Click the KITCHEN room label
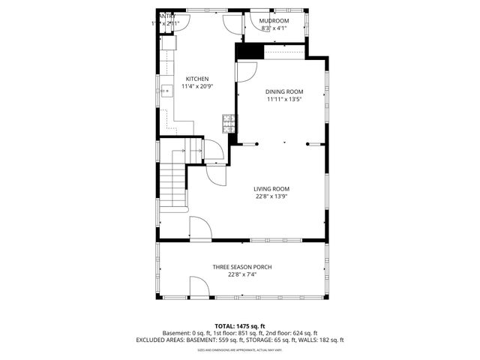click(197, 79)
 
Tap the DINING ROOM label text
click(284, 91)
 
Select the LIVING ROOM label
click(271, 189)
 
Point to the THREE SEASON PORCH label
click(241, 267)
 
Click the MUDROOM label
click(274, 21)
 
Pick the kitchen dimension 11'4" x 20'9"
click(197, 87)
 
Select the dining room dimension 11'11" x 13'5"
click(284, 100)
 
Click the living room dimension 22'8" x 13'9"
click(271, 197)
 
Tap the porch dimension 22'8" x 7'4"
click(241, 275)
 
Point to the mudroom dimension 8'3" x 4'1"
click(274, 29)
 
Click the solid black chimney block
click(250, 51)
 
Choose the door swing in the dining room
click(246, 71)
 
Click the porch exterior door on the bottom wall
click(199, 287)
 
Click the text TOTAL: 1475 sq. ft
click(240, 325)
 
